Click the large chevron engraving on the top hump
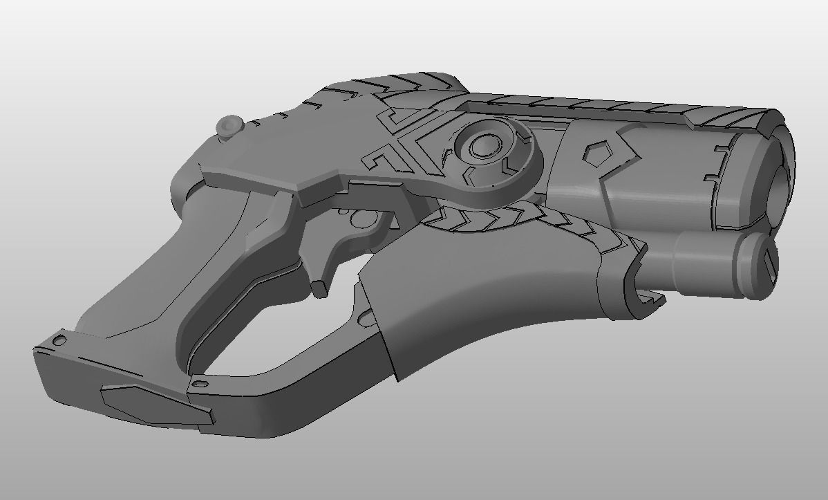[x=408, y=89]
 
